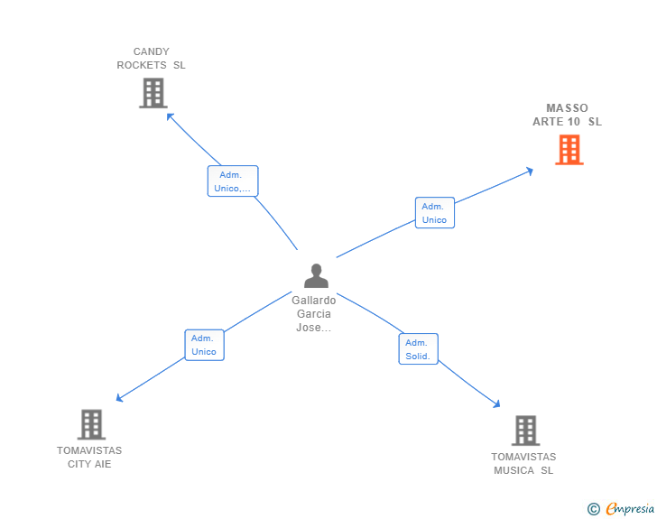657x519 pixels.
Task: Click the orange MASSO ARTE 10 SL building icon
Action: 569,150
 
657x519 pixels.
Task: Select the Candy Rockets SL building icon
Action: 153,93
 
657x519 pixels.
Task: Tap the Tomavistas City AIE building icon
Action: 91,424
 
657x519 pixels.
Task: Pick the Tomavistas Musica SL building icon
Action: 525,431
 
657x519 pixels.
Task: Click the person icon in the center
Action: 317,276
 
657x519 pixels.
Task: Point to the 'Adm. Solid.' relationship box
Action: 418,348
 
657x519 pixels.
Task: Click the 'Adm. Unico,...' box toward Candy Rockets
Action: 233,181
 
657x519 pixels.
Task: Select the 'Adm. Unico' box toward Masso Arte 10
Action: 435,212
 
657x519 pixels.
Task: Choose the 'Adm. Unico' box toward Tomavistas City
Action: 205,345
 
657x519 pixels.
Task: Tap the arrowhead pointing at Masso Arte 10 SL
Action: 531,171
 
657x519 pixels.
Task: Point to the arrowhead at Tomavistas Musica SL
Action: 497,404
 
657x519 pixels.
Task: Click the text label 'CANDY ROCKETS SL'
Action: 152,59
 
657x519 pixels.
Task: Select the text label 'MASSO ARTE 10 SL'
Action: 568,115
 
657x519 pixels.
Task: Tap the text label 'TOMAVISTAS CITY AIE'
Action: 89,457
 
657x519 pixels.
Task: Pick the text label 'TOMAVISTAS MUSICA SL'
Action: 523,463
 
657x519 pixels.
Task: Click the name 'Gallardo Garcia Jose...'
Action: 314,313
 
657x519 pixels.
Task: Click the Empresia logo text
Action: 630,508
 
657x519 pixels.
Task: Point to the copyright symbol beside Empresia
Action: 593,509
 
